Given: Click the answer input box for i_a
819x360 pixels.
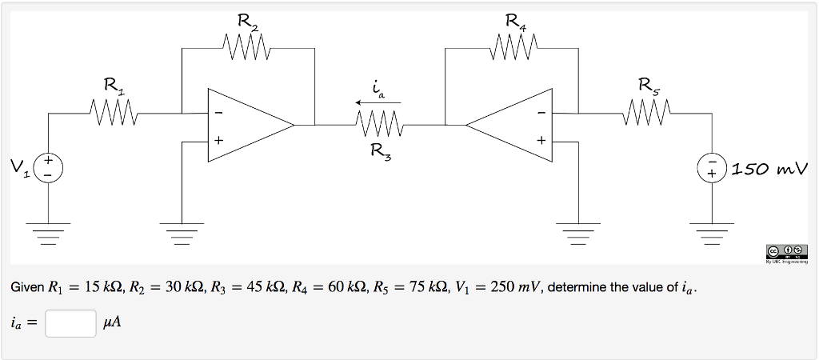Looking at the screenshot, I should tap(70, 322).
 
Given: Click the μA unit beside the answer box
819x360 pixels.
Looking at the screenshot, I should tap(113, 323).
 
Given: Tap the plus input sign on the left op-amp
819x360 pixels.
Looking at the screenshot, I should tap(217, 141).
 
